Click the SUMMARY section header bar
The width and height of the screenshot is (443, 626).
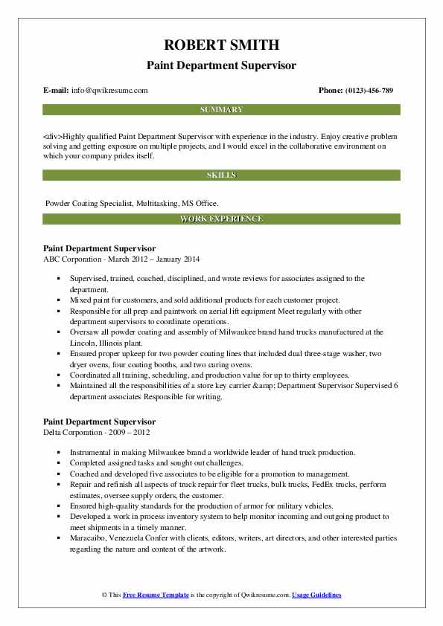click(x=221, y=109)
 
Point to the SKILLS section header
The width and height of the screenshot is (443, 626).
click(x=221, y=175)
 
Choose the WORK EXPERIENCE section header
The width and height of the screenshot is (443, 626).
click(x=221, y=219)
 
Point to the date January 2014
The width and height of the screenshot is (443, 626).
click(x=179, y=258)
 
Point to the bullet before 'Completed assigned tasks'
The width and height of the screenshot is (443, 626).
click(x=57, y=462)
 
